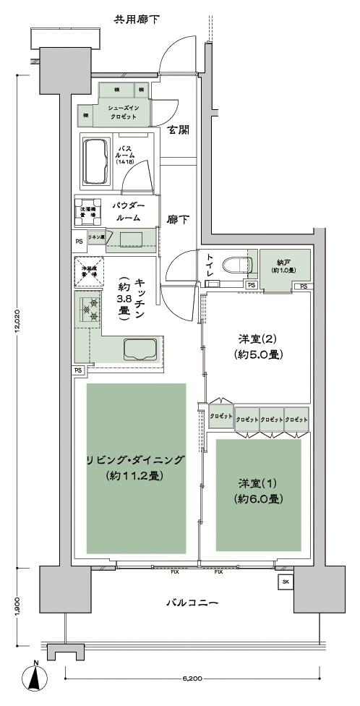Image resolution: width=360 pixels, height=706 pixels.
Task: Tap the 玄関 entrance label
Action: (x=179, y=130)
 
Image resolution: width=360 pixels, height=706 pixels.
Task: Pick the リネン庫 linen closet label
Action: (x=96, y=237)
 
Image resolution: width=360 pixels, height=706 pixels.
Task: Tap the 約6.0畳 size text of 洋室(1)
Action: (x=258, y=498)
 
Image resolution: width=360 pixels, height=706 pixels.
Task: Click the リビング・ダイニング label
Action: (x=136, y=461)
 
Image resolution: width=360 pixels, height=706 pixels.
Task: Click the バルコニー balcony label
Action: (x=192, y=601)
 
